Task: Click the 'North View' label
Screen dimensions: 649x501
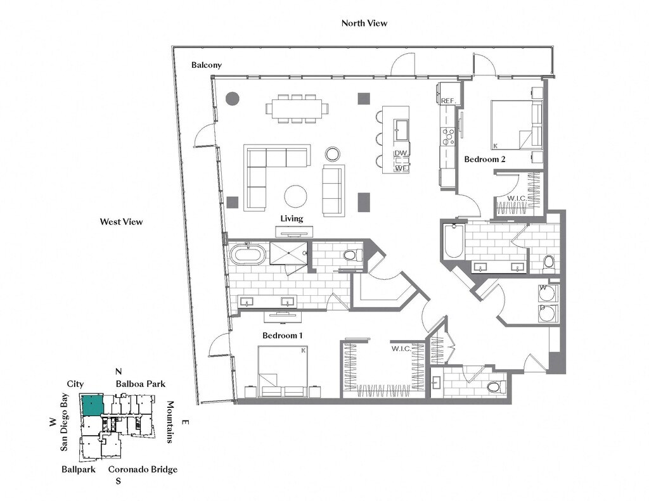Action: click(x=364, y=23)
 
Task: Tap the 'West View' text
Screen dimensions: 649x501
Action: click(x=121, y=222)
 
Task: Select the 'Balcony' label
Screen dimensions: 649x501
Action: click(x=207, y=65)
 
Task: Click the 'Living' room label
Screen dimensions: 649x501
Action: click(x=292, y=219)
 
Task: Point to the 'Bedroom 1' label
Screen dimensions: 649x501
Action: click(x=282, y=335)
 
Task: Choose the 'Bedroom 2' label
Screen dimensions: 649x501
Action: click(x=485, y=159)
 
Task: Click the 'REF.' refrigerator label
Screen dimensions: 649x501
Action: click(x=448, y=101)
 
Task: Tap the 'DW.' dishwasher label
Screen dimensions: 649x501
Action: click(x=401, y=153)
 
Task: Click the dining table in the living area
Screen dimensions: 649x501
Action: click(x=298, y=109)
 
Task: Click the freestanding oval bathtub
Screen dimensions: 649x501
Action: click(x=248, y=255)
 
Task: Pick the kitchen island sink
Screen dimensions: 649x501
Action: click(x=401, y=130)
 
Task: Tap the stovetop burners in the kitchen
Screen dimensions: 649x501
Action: click(x=448, y=137)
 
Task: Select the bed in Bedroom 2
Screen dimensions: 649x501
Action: click(x=517, y=125)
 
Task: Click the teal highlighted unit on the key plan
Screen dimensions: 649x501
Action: click(x=92, y=405)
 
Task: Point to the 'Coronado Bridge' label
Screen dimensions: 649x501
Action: click(x=143, y=469)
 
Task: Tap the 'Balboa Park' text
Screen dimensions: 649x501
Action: click(x=141, y=384)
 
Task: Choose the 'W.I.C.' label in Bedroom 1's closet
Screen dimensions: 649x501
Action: click(x=401, y=349)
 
